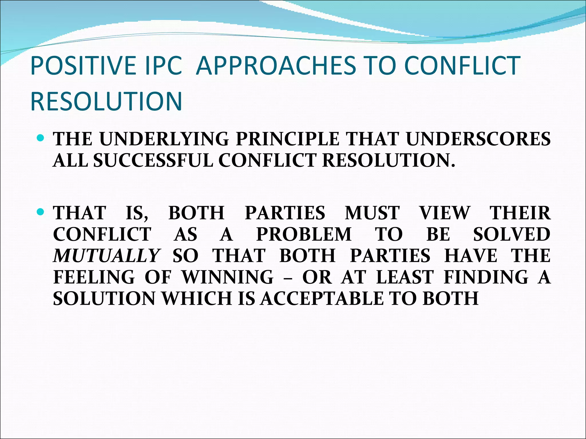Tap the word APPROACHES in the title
click(276, 65)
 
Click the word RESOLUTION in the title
click(106, 101)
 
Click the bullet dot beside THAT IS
click(41, 212)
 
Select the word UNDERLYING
click(164, 139)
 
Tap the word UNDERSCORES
click(478, 139)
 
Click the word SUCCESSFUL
click(153, 160)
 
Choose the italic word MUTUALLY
click(106, 256)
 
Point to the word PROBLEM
click(304, 234)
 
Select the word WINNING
click(228, 277)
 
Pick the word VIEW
click(445, 213)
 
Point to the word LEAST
click(405, 277)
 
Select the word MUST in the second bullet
click(372, 213)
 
